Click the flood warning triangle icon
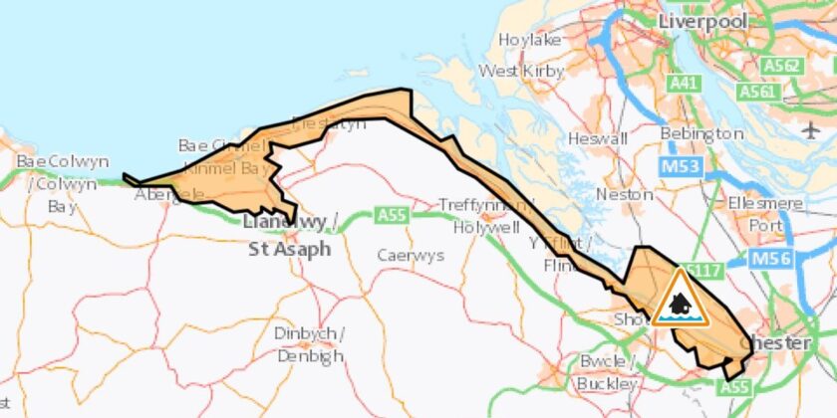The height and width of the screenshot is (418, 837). pos(681,299)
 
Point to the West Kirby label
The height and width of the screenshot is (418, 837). pos(521,71)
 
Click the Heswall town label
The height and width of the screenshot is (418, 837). pos(597,140)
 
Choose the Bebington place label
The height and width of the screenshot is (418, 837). pos(701,132)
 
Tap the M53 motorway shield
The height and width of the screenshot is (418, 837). pos(678,165)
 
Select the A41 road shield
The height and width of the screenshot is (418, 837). pos(684,85)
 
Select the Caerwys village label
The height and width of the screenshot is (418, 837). pos(410,255)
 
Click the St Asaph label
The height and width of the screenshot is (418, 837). pos(289,249)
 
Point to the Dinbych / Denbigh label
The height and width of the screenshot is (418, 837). pos(309,343)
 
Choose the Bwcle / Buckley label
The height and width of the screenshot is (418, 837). pos(607,371)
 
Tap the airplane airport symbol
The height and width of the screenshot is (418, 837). pos(809,129)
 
